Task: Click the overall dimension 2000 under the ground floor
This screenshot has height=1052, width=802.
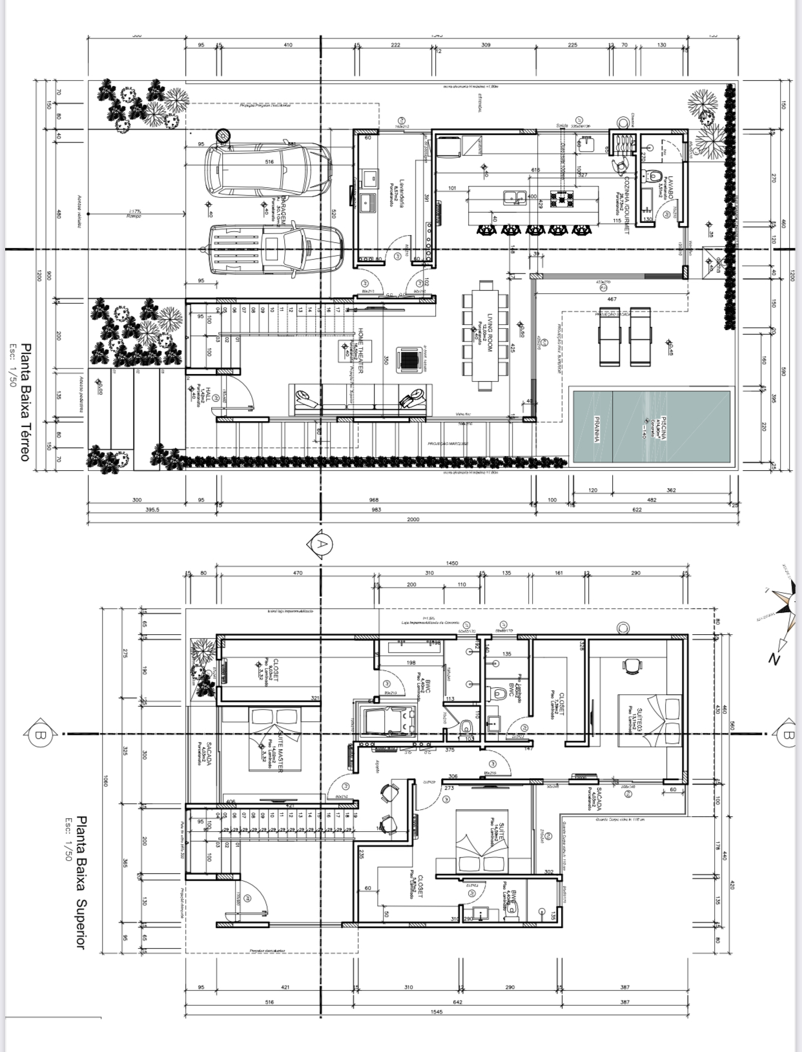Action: pyautogui.click(x=413, y=519)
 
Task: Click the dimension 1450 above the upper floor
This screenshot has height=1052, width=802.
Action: pyautogui.click(x=452, y=563)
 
